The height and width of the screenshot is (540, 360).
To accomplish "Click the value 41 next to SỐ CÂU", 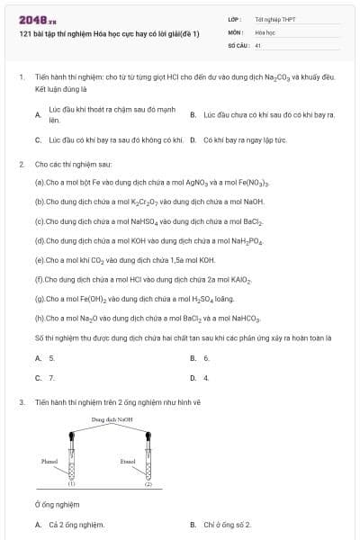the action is pos(258,45).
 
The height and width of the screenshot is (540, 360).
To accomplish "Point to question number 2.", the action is pos(21,165).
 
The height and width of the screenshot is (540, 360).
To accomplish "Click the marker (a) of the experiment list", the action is pos(40,183).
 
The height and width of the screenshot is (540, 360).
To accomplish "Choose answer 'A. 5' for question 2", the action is pos(45,358).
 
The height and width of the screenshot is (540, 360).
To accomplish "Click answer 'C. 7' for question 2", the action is pos(45,378).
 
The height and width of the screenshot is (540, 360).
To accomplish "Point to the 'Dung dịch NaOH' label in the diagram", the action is pos(112,419).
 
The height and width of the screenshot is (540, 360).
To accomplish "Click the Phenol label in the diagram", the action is pos(50,461).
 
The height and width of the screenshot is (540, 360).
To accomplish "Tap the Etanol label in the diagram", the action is pos(128,461).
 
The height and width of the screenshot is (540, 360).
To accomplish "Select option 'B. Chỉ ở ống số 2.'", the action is pos(220,525).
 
